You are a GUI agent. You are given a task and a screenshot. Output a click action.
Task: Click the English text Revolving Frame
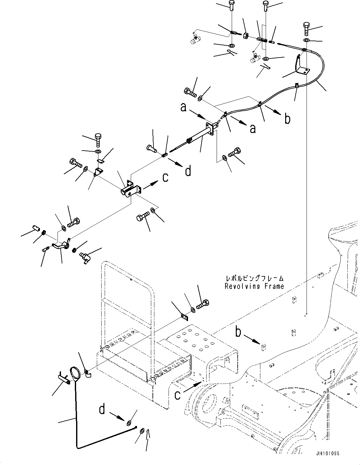tap(254, 286)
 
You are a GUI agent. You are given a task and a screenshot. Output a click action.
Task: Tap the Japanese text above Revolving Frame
tap(254, 279)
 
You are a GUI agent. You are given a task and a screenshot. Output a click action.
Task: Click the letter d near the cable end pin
tap(188, 171)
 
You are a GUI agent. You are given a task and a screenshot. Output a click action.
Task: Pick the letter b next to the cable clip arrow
tap(287, 119)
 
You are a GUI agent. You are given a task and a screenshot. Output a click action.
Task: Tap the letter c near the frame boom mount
tap(178, 395)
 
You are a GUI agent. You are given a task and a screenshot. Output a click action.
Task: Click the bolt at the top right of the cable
tap(307, 29)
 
